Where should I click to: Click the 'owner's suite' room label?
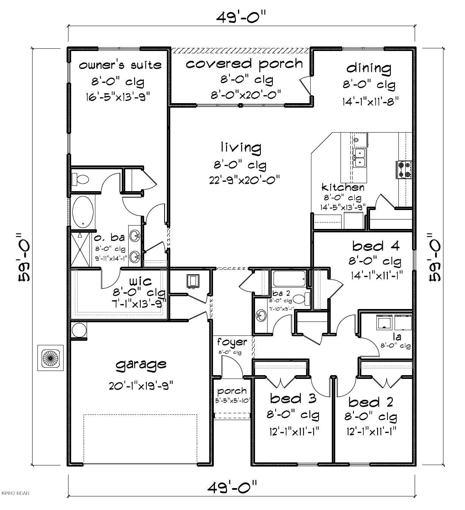pos(120,65)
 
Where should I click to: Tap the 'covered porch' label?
pos(244,63)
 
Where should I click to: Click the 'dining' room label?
pos(369,68)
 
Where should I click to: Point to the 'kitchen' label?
pos(343,187)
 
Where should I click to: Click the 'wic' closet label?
pos(140,281)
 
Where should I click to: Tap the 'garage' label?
pos(141,365)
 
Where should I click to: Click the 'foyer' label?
pos(232,342)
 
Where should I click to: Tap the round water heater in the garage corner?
pos(79,330)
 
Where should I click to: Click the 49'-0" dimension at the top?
pos(242,17)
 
